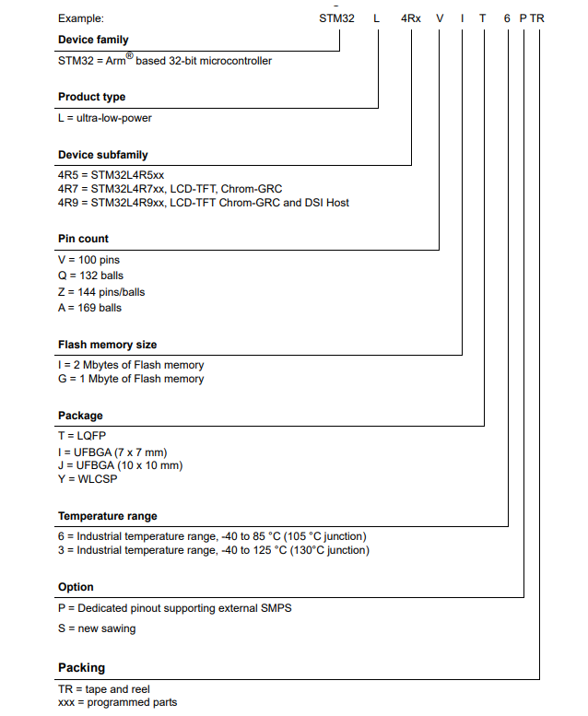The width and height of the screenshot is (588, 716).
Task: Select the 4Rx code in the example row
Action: coord(410,18)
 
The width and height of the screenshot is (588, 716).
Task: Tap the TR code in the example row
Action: coord(537,18)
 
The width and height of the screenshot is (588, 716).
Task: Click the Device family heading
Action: coord(93,40)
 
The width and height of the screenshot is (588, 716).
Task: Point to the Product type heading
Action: coord(91,97)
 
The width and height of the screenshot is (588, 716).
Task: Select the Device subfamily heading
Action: coord(102,155)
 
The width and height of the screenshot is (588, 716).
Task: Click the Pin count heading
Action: coord(83,239)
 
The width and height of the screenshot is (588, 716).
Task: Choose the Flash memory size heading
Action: coord(107,345)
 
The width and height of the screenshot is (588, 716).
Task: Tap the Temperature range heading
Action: coord(107,516)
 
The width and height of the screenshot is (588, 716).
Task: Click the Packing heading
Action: coord(81,667)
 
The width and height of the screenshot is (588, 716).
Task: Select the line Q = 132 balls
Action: coord(89,276)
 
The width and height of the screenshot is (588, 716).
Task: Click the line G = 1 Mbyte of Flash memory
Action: coord(130,379)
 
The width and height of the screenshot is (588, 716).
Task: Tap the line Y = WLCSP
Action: coord(88,478)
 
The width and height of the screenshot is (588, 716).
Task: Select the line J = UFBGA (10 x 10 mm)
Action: coord(120,465)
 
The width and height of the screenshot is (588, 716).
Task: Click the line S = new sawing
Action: coord(96,628)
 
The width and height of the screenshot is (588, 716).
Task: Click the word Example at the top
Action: coord(81,18)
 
